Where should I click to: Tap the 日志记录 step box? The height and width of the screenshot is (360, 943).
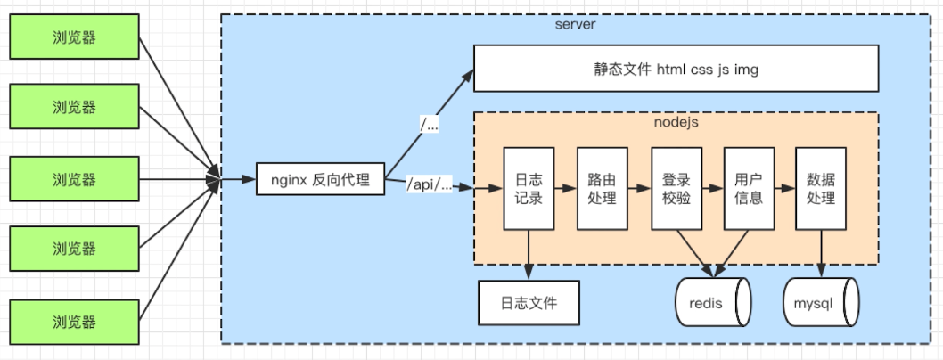(529, 188)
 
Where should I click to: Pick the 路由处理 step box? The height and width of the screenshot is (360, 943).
(602, 188)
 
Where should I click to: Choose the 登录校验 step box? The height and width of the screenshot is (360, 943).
(676, 188)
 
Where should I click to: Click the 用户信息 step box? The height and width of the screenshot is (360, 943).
(748, 188)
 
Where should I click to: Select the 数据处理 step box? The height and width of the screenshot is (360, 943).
(821, 188)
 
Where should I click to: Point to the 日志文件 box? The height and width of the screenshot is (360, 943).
(529, 303)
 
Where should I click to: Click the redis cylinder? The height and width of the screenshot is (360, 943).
(712, 303)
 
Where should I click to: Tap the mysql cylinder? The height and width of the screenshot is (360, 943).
(820, 303)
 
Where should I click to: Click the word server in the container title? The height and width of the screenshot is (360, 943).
(575, 24)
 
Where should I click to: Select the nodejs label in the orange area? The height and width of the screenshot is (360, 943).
(676, 122)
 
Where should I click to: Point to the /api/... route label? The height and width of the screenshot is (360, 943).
(430, 185)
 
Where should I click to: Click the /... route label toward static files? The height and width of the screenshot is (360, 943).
(430, 126)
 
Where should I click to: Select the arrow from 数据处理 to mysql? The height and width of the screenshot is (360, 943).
(821, 254)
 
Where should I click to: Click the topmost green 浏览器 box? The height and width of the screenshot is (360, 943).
(74, 37)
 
